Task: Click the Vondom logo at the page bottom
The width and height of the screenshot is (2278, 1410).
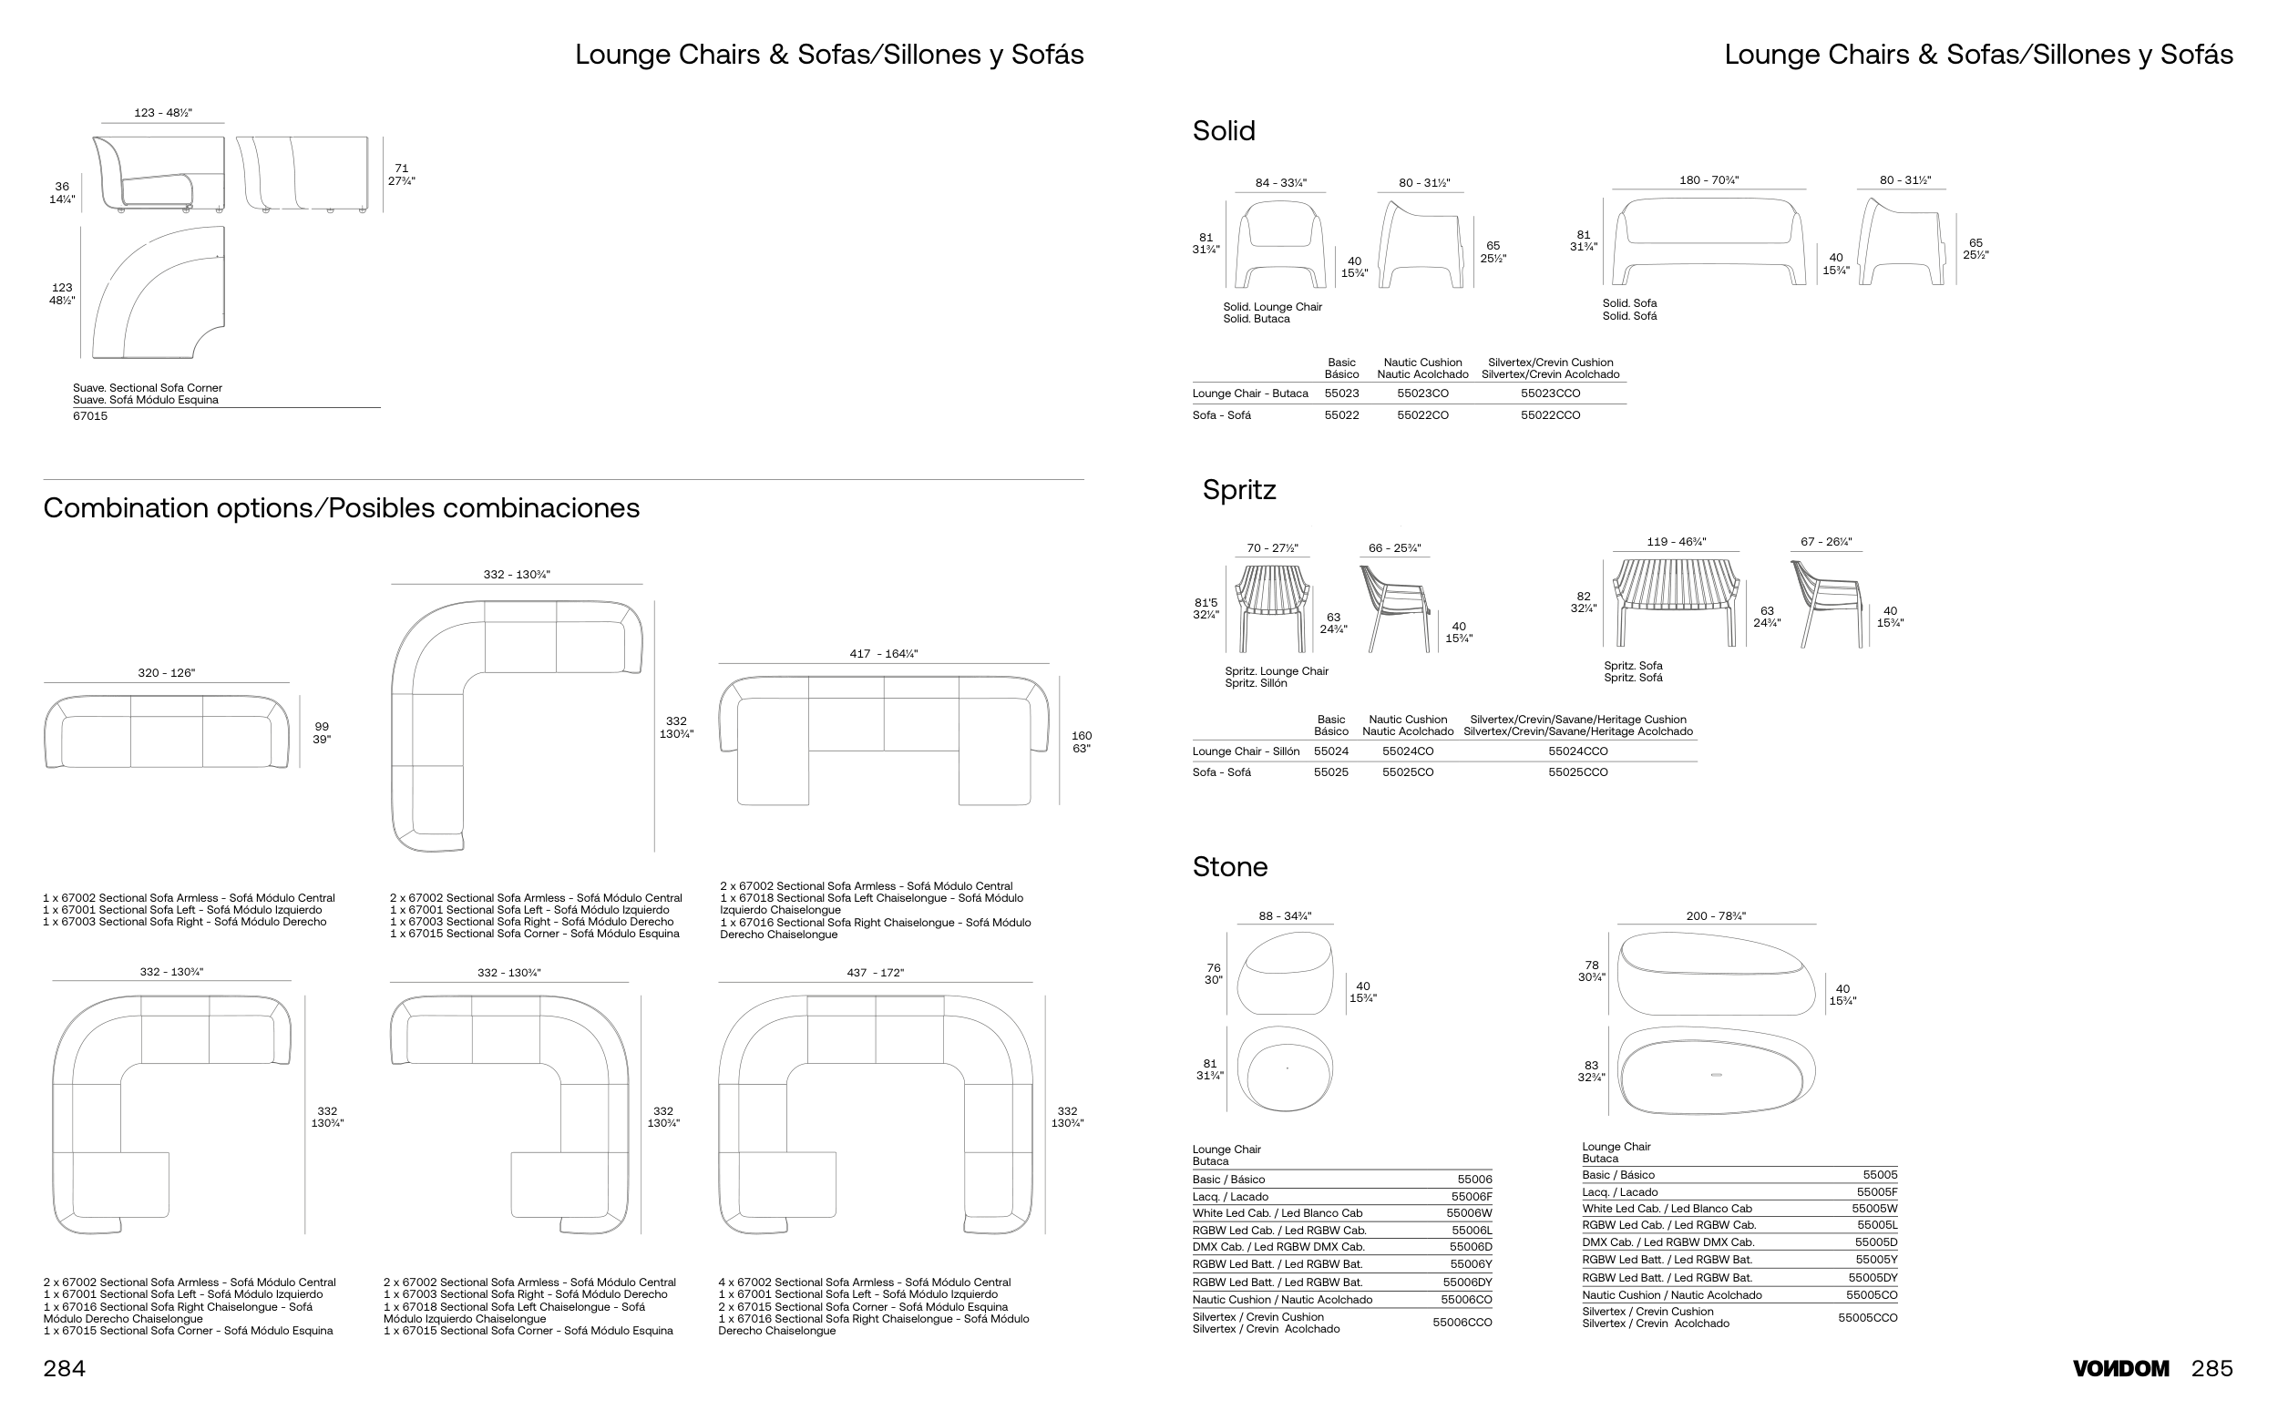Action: pyautogui.click(x=2119, y=1368)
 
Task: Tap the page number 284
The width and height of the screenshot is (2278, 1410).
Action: pyautogui.click(x=65, y=1368)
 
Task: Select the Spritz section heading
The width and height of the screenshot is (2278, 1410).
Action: pyautogui.click(x=1238, y=490)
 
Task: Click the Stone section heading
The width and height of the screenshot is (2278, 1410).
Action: pyautogui.click(x=1229, y=867)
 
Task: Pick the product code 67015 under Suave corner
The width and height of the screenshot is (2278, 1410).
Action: pyautogui.click(x=90, y=416)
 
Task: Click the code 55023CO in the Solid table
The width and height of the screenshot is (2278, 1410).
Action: pyautogui.click(x=1421, y=393)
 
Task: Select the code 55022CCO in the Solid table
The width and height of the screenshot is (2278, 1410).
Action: pyautogui.click(x=1549, y=415)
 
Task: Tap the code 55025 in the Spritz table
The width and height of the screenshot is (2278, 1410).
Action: pyautogui.click(x=1330, y=772)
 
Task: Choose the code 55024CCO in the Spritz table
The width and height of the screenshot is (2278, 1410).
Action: pyautogui.click(x=1577, y=751)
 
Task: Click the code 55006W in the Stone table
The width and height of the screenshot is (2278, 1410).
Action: pyautogui.click(x=1468, y=1213)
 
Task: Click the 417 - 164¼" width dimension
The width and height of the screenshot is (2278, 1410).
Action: pyautogui.click(x=883, y=654)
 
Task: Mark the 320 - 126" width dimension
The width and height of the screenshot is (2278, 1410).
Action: pyautogui.click(x=166, y=672)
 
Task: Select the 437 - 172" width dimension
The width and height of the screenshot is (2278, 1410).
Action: pyautogui.click(x=875, y=973)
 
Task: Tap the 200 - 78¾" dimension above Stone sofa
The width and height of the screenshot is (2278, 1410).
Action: pyautogui.click(x=1716, y=915)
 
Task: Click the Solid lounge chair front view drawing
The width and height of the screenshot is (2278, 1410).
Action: pyautogui.click(x=1279, y=244)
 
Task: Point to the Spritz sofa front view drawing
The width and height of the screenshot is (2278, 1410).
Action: pyautogui.click(x=1677, y=601)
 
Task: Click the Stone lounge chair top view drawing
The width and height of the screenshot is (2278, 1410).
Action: pyautogui.click(x=1285, y=1068)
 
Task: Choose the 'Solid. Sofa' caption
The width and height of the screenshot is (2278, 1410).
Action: pyautogui.click(x=1628, y=303)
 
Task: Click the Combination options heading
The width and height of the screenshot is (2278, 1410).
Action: pyautogui.click(x=342, y=508)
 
